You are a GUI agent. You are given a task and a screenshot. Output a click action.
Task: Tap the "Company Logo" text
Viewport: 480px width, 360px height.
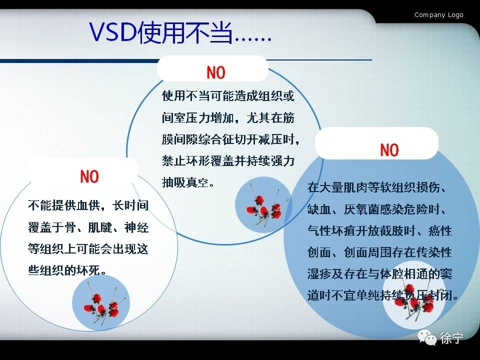click(x=438, y=15)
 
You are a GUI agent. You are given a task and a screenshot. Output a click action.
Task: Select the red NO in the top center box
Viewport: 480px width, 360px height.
click(x=216, y=73)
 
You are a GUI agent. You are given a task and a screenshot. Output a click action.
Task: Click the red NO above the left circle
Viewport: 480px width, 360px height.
click(x=89, y=176)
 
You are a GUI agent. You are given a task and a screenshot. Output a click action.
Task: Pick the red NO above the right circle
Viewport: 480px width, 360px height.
click(x=389, y=150)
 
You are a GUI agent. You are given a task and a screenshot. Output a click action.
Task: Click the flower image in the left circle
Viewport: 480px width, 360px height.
click(x=102, y=303)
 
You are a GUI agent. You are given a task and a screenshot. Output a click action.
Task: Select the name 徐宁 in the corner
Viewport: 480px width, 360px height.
click(x=451, y=338)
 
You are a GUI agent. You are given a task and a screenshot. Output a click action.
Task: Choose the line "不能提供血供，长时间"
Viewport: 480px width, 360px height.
click(x=88, y=205)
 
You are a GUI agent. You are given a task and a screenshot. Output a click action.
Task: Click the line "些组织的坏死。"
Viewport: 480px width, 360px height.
click(x=68, y=270)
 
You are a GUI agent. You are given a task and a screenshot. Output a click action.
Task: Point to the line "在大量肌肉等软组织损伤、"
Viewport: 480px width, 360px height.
click(x=379, y=188)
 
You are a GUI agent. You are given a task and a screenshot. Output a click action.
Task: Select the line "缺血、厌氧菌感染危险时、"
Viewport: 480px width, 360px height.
click(x=379, y=209)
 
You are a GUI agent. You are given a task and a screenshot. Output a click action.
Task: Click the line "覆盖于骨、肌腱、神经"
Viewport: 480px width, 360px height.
click(x=88, y=227)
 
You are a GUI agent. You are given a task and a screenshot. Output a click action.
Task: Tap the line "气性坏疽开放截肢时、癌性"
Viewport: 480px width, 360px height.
click(x=379, y=231)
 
